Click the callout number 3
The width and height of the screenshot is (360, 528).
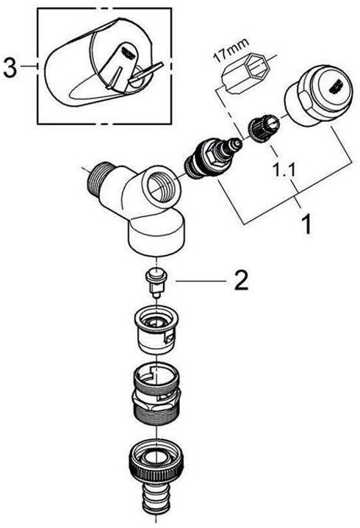point(10,67)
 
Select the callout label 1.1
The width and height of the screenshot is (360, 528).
point(284,171)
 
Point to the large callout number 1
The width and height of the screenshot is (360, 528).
point(306,224)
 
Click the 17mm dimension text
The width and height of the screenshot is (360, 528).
point(232,49)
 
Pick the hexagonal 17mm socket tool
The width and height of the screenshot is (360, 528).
point(245,73)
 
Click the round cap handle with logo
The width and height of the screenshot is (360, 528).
point(318,96)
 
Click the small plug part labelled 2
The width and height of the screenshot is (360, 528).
point(156,282)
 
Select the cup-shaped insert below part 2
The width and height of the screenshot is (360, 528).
point(156,331)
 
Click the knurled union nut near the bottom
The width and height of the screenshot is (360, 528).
point(156,460)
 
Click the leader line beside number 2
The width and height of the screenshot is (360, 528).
point(201,281)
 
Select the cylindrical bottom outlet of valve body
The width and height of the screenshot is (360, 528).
point(156,238)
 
